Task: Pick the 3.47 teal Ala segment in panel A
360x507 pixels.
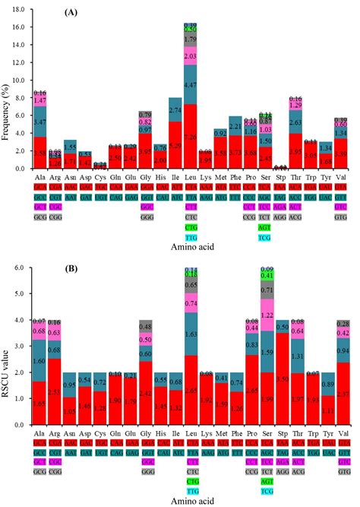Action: point(41,122)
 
